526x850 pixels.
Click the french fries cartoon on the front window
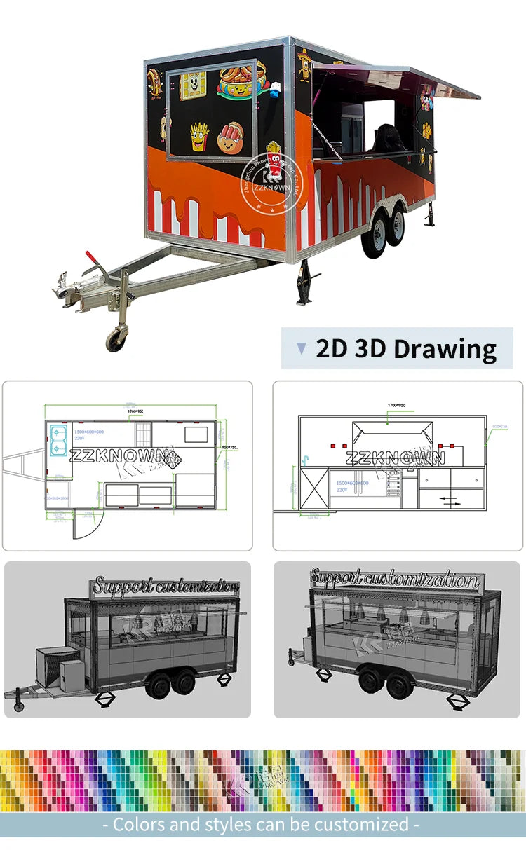click(199, 135)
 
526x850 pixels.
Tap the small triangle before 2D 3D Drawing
click(302, 348)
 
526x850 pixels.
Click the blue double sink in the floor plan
click(58, 439)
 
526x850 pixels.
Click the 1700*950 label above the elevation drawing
click(398, 405)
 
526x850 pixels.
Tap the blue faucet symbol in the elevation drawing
click(306, 460)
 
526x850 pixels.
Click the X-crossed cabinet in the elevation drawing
click(313, 488)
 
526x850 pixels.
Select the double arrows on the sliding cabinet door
click(450, 500)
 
